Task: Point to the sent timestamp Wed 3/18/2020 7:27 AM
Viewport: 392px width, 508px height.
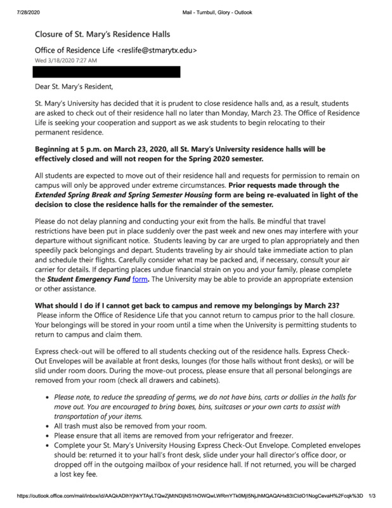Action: pyautogui.click(x=66, y=60)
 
